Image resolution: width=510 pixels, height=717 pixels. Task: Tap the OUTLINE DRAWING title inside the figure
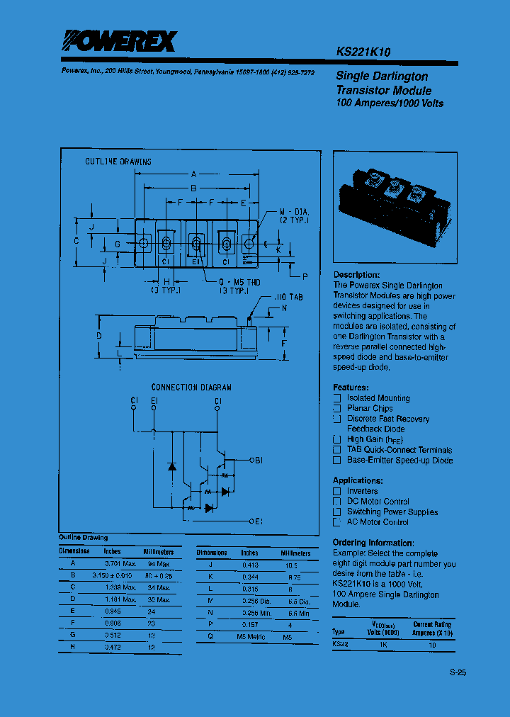coord(118,162)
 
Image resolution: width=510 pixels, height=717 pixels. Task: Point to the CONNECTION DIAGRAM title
coord(191,388)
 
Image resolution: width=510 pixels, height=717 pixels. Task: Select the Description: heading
coord(356,275)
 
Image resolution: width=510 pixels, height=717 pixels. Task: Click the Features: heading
coord(351,388)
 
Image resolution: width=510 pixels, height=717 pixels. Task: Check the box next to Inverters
coord(337,491)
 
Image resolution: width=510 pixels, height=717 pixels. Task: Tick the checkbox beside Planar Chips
coord(337,408)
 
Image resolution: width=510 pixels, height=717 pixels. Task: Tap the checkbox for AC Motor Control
coord(337,522)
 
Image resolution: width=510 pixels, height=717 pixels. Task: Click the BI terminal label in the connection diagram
coord(259,461)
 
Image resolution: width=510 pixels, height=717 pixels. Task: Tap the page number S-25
coord(458,673)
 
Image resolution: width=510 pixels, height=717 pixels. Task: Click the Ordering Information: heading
coord(378,543)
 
